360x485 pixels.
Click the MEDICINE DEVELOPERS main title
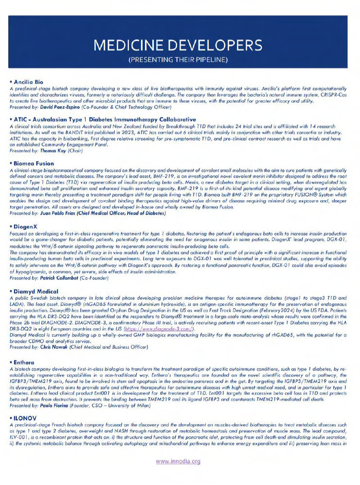click(180, 45)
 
